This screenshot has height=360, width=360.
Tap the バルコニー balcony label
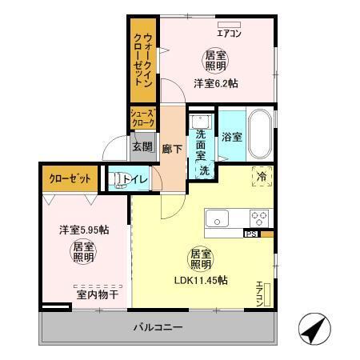click(x=158, y=327)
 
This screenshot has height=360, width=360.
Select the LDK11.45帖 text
click(x=202, y=280)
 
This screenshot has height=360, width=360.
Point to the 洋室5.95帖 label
click(x=83, y=230)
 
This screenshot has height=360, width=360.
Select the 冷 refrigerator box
click(x=260, y=176)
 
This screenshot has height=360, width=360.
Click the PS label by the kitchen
click(x=250, y=234)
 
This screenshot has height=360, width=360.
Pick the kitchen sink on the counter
click(x=218, y=217)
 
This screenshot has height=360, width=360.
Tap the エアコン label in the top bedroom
click(x=230, y=34)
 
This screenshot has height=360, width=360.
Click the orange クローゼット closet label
click(x=69, y=178)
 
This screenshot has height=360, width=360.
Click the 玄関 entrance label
click(x=142, y=146)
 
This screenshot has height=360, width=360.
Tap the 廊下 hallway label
click(x=170, y=149)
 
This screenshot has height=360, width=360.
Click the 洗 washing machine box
click(x=204, y=170)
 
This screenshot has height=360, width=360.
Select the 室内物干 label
click(x=97, y=294)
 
